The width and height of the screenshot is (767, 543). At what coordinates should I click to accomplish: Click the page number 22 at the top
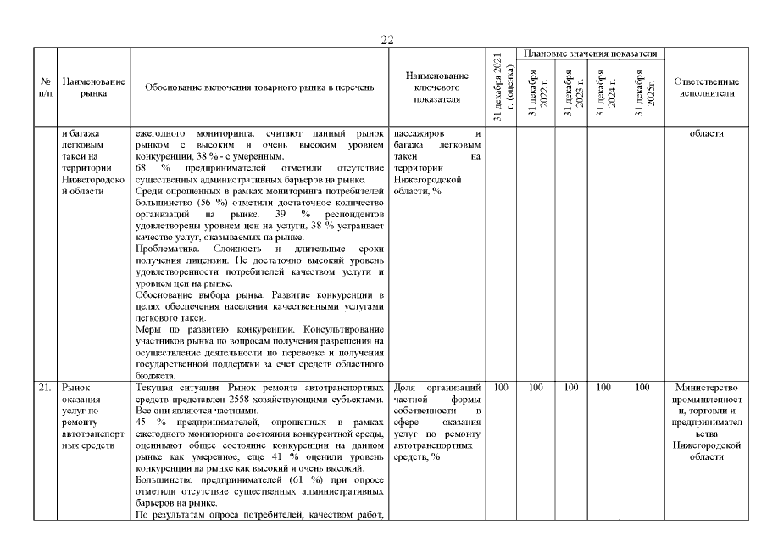click(387, 40)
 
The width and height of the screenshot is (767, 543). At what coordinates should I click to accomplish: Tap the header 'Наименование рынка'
click(94, 87)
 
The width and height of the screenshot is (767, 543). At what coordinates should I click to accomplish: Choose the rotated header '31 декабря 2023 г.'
click(570, 92)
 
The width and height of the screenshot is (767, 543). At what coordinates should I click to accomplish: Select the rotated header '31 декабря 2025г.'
click(642, 92)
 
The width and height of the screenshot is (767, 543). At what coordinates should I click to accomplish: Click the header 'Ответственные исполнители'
click(706, 87)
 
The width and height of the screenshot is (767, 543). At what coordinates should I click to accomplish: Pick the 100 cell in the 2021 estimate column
click(500, 388)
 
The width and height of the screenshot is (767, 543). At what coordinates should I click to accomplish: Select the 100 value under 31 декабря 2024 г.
click(606, 388)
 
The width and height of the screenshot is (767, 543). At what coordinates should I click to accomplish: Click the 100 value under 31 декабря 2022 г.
click(536, 388)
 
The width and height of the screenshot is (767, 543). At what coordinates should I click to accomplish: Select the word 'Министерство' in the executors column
click(706, 388)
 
